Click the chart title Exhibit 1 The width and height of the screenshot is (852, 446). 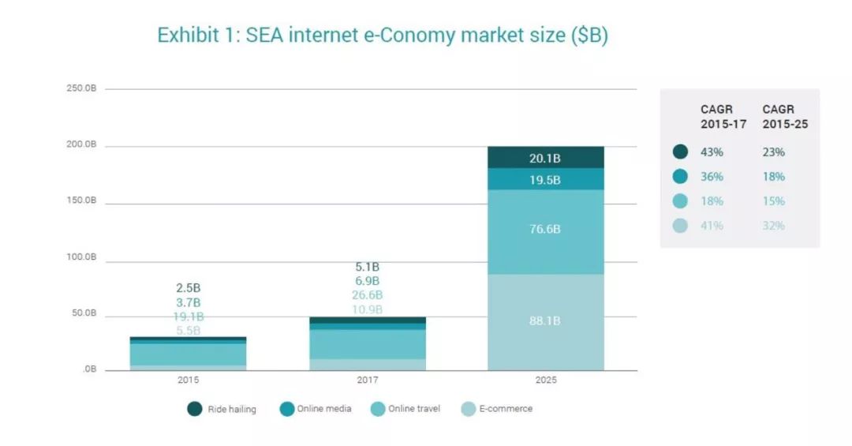(x=383, y=36)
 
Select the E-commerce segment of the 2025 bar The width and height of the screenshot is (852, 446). (x=545, y=321)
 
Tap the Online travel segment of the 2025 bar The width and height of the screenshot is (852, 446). (x=545, y=230)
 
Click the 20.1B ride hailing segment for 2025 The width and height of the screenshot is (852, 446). (x=545, y=158)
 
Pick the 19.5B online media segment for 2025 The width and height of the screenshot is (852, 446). (x=545, y=180)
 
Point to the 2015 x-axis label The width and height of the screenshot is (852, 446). (x=188, y=380)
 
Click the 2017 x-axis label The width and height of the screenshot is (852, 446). (x=367, y=380)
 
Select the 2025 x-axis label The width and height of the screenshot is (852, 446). (x=545, y=380)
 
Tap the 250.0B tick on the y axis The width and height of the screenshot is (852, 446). (x=81, y=88)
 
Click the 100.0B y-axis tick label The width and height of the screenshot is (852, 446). (x=81, y=257)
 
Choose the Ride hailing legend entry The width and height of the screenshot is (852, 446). (x=222, y=409)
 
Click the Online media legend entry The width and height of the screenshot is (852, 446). (x=316, y=409)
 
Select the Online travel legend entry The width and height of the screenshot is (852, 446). (x=405, y=409)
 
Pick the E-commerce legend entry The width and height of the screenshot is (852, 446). (x=497, y=409)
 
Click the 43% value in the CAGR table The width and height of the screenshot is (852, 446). (x=712, y=152)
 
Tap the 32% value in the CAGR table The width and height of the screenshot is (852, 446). (x=774, y=226)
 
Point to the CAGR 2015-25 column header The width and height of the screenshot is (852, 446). (x=785, y=117)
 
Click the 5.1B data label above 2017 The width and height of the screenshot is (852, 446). (x=367, y=267)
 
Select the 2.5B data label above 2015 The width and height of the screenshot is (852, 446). (x=188, y=288)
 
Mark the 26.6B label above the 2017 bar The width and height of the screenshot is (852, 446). (x=367, y=295)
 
